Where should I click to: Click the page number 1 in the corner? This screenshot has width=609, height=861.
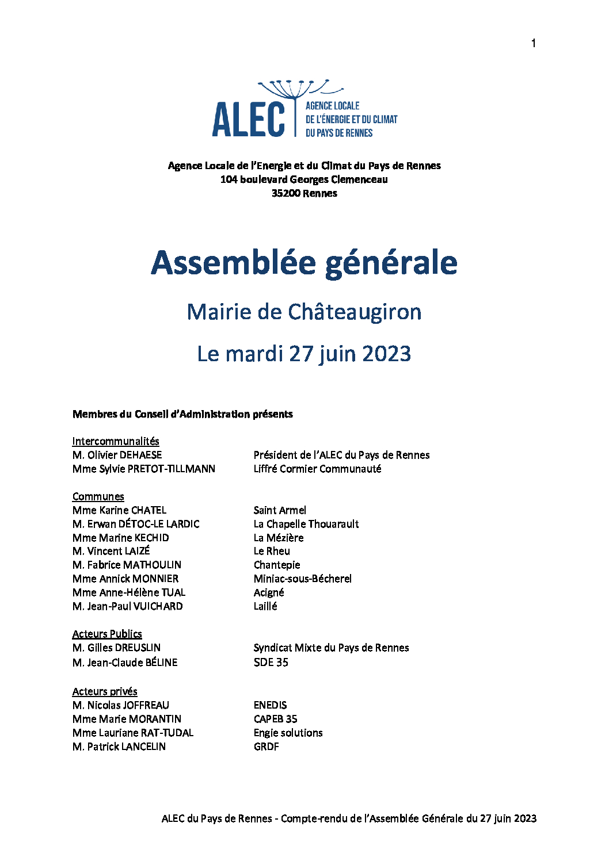pos(534,43)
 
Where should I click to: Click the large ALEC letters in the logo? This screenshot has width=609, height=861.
pos(249,120)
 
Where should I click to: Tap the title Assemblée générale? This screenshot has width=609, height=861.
pos(304,263)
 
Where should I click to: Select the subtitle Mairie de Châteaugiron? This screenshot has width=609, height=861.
pos(304,312)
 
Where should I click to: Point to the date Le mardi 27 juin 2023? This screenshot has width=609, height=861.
pos(304,354)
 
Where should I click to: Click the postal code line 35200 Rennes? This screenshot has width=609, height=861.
pos(304,193)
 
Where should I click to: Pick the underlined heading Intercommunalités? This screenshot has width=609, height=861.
pos(116,441)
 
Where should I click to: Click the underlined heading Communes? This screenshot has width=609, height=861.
pos(98,496)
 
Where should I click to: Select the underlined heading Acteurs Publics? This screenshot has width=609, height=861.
pos(107,634)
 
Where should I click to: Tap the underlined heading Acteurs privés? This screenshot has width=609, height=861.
pos(105,691)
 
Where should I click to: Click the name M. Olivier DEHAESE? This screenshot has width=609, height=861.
pos(117,455)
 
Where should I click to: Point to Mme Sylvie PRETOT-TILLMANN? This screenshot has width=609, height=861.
pos(144,469)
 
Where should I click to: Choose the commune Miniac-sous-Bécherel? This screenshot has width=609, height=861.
pos(302,579)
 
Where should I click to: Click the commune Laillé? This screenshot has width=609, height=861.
pos(265,606)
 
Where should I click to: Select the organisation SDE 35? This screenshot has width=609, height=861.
pos(271,663)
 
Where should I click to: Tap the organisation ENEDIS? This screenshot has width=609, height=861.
pos(270,705)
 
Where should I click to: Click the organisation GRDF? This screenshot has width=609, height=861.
pos(266,747)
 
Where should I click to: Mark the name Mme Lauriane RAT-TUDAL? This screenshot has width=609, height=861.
pos(133,733)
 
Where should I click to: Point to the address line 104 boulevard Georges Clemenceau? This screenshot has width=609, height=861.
pos(304,179)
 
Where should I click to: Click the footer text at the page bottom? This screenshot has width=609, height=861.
pos(349,818)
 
